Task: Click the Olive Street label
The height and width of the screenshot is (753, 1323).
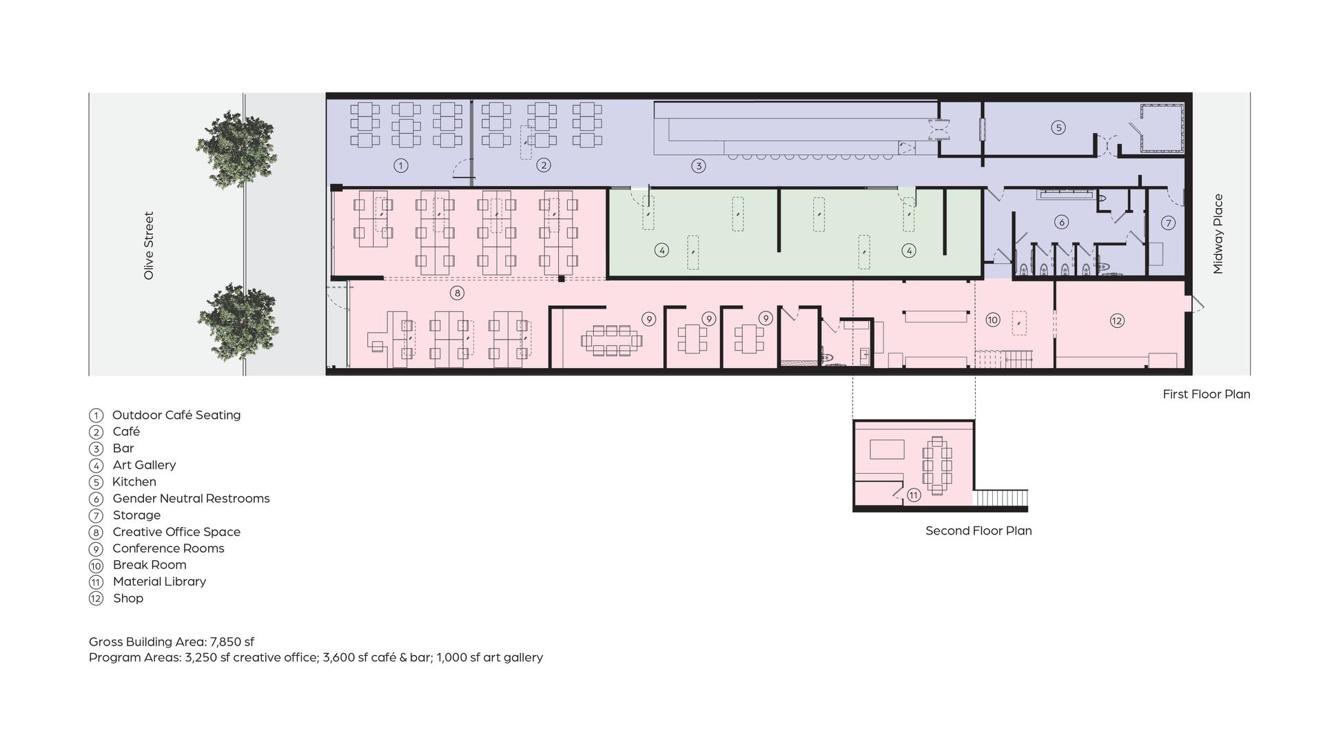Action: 149,245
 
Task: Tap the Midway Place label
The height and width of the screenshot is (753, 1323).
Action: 1218,234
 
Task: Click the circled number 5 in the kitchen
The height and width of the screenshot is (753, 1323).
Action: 1058,127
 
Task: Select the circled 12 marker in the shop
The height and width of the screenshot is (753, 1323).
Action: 1117,320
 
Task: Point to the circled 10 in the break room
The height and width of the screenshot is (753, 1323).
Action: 992,320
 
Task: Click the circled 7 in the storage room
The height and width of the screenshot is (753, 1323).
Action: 1168,223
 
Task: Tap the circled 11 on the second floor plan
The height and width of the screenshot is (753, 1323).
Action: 914,495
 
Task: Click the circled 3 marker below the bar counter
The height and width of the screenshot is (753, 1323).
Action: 699,165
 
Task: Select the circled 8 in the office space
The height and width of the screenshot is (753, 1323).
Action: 457,293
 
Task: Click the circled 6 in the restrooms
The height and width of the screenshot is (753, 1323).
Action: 1061,222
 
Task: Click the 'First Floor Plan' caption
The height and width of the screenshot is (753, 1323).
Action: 1206,394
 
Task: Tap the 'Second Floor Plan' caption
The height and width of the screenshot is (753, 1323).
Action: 978,530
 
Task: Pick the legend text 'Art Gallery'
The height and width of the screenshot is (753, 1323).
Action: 144,465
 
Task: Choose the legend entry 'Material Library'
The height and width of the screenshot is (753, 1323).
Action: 159,581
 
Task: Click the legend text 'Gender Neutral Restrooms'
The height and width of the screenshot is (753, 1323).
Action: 191,498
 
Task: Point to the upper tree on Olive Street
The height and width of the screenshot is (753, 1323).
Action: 236,149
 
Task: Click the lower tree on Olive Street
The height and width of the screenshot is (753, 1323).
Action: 238,322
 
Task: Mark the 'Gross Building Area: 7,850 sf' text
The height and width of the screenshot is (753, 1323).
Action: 172,642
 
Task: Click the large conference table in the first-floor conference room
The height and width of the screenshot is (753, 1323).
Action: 611,340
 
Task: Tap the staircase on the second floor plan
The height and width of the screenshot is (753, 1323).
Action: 1001,498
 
